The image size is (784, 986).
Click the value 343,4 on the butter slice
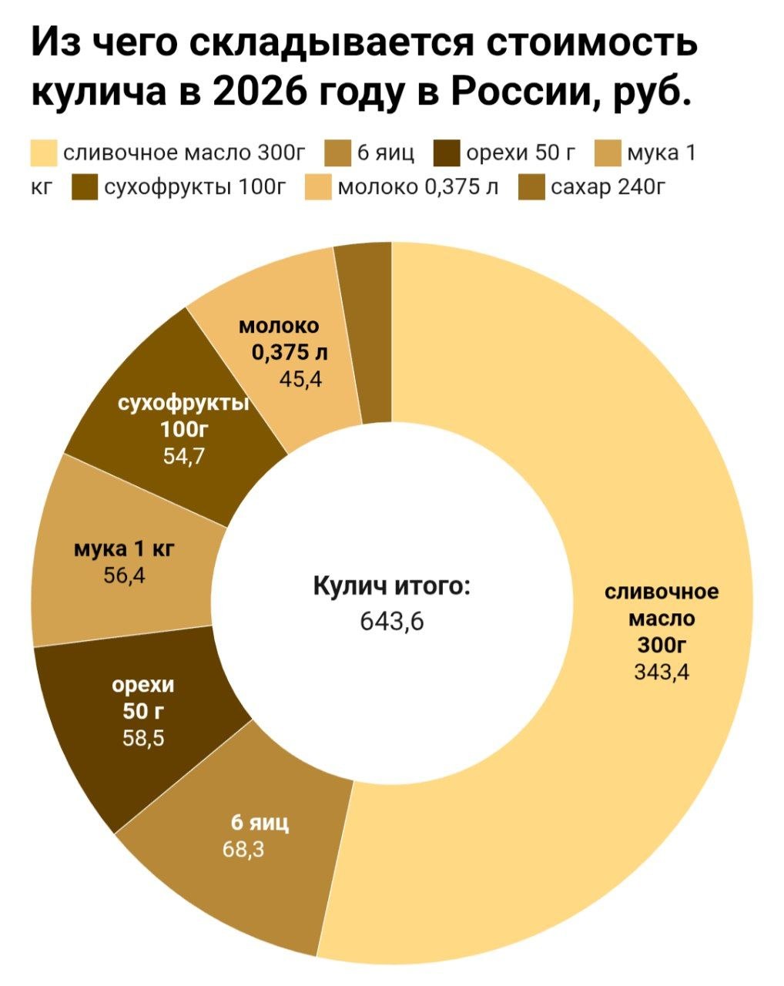pos(662,672)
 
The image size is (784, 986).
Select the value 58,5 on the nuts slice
pos(143,739)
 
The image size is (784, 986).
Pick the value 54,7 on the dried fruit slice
pos(184,456)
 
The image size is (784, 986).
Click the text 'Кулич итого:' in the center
pos(391,586)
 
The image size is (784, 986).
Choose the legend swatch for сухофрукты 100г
pos(85,187)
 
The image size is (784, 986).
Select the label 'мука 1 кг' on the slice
pos(124,549)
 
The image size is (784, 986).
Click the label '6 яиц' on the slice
pos(260,823)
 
